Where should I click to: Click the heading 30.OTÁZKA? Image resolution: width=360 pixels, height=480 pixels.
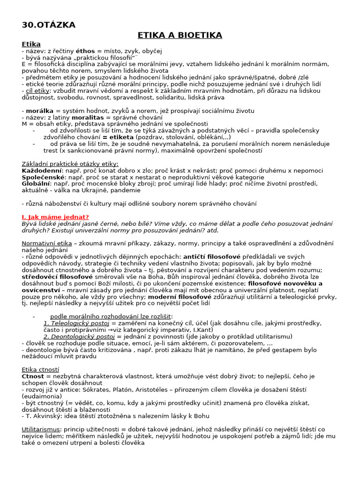point(49,25)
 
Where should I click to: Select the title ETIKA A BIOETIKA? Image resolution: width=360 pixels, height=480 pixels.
point(180,35)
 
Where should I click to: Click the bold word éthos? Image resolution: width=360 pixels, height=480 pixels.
point(85,51)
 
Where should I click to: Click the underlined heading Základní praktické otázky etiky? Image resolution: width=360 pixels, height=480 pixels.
point(70,164)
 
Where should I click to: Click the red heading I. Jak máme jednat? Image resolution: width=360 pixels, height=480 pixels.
point(55,217)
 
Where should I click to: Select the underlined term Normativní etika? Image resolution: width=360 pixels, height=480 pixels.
point(47,243)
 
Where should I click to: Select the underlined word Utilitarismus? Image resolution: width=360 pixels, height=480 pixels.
point(41,429)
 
